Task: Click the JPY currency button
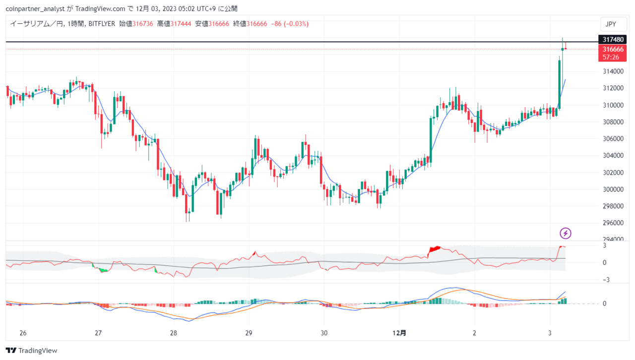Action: pyautogui.click(x=613, y=24)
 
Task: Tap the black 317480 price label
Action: pyautogui.click(x=612, y=39)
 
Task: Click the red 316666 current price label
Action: pyautogui.click(x=612, y=49)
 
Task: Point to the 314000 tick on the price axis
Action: pyautogui.click(x=613, y=71)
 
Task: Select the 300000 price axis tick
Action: pyautogui.click(x=613, y=189)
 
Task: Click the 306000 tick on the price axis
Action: pyautogui.click(x=613, y=139)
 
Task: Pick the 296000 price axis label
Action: pyautogui.click(x=613, y=223)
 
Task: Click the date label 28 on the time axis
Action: pyautogui.click(x=174, y=333)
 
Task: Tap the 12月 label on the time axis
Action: pyautogui.click(x=399, y=333)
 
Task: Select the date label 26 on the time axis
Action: pyautogui.click(x=23, y=333)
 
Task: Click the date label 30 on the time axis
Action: pyautogui.click(x=324, y=333)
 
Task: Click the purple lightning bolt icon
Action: pyautogui.click(x=565, y=233)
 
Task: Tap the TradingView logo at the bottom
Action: pyautogui.click(x=31, y=351)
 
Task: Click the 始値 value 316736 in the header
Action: pyautogui.click(x=142, y=24)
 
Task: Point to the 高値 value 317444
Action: pyautogui.click(x=181, y=24)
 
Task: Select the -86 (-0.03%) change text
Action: pyautogui.click(x=290, y=24)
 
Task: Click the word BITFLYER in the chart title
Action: pyautogui.click(x=102, y=24)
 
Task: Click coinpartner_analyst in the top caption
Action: pyautogui.click(x=35, y=9)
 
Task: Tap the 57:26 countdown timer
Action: pyautogui.click(x=611, y=57)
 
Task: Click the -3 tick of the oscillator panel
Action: pyautogui.click(x=606, y=280)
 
